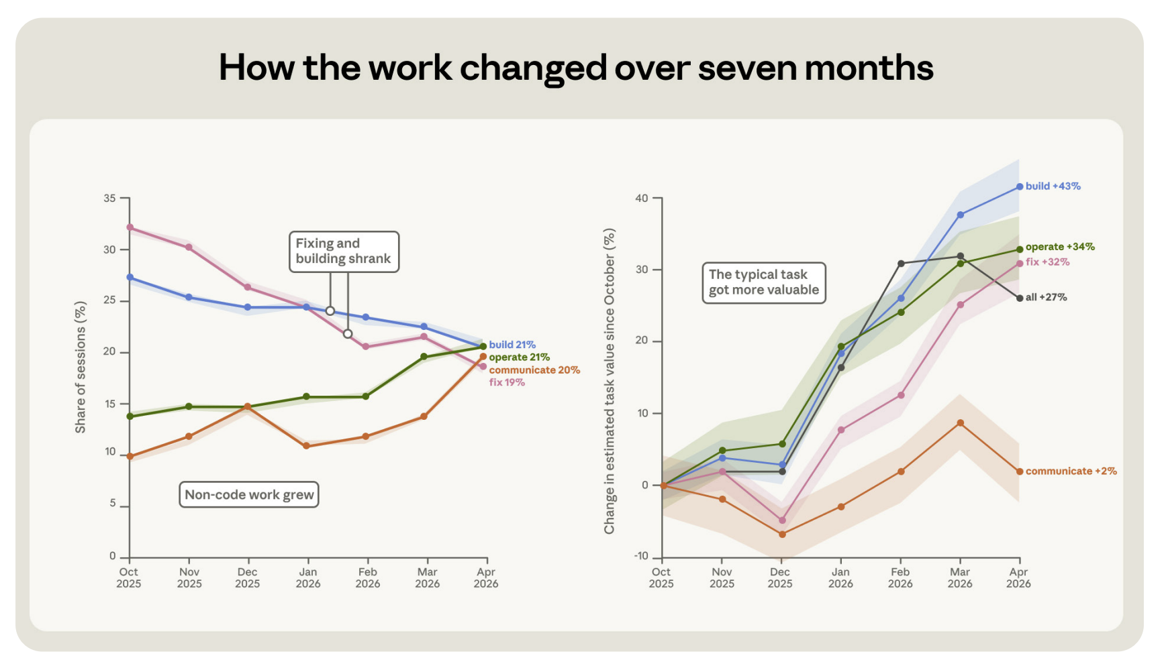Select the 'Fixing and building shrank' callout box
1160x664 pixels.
[344, 252]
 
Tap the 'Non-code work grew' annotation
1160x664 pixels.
[249, 495]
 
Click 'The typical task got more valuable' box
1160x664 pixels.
[764, 282]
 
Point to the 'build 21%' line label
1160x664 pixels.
[512, 345]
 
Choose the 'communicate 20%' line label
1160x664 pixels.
[534, 370]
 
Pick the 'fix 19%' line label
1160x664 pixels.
[507, 382]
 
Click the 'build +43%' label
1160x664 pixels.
[1053, 186]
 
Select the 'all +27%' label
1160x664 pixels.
[1047, 297]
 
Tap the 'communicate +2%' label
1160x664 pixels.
[1071, 472]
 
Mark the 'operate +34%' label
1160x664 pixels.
[1060, 247]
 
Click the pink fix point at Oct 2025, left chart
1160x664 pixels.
[130, 227]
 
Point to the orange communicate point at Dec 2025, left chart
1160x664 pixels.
[248, 406]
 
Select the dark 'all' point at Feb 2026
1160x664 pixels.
[901, 264]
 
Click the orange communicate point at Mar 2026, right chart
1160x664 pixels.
[961, 423]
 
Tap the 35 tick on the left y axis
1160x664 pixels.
[109, 199]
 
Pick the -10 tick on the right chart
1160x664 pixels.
[641, 556]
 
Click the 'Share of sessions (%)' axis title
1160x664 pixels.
[81, 367]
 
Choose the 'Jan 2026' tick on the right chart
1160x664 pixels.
[840, 577]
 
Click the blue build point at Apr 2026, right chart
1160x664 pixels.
[1020, 186]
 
